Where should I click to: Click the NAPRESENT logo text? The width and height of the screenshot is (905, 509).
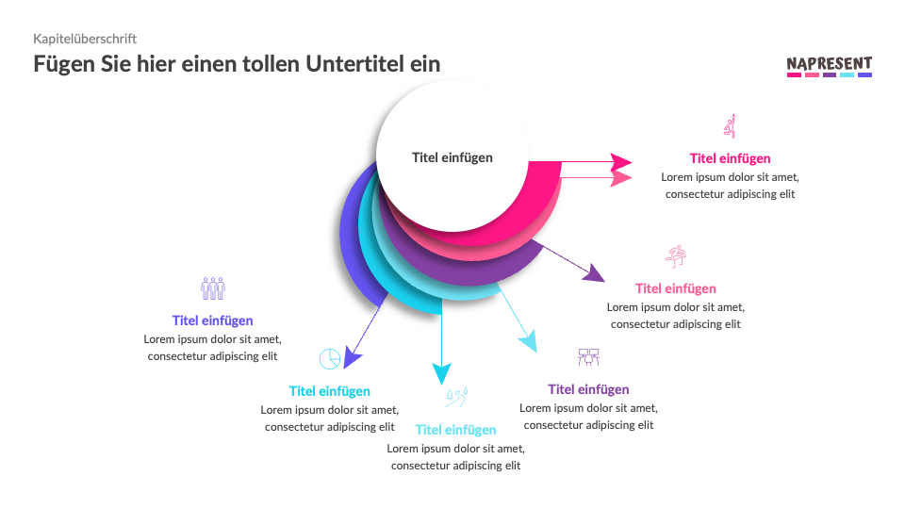click(829, 63)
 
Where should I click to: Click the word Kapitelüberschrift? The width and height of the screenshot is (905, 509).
click(85, 39)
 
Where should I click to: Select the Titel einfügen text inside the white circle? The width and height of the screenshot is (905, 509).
click(452, 157)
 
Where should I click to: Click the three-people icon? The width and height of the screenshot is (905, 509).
click(213, 288)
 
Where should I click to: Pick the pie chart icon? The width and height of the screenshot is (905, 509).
click(330, 358)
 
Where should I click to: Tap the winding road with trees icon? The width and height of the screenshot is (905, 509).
click(456, 397)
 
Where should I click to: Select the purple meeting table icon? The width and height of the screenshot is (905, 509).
click(588, 357)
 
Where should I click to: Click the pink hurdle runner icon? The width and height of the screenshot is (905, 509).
click(676, 256)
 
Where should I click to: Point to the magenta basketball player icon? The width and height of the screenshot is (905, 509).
click(730, 125)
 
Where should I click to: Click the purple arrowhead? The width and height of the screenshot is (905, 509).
click(594, 273)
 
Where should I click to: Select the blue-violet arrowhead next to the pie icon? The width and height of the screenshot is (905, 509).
click(352, 356)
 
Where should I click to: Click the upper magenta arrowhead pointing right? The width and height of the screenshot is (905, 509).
click(621, 162)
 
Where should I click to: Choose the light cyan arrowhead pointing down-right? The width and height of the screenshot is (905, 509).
click(529, 341)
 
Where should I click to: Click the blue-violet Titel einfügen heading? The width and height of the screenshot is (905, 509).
click(212, 320)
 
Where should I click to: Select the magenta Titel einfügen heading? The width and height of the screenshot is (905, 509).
click(730, 158)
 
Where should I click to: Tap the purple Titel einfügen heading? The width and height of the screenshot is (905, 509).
click(588, 389)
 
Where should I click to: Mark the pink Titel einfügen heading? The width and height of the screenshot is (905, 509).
click(676, 288)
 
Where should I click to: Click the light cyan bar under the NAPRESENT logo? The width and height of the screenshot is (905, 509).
click(847, 74)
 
